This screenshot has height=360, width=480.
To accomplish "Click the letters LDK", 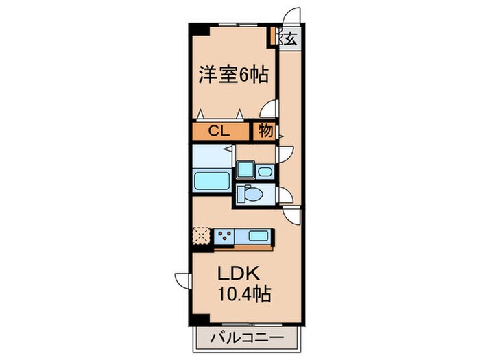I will point(239,274).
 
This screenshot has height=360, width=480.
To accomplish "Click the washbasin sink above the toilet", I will point(265,171).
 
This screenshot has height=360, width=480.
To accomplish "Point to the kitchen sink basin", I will point(258,237).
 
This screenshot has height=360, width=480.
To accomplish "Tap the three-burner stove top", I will point(224,237).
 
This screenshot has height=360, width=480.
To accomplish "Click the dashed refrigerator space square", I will point(202,236).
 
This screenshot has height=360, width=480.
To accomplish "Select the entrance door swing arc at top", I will point(293,17).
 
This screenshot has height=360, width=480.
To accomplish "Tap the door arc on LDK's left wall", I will point(182,281).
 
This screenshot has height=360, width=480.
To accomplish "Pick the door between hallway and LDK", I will point(293,215).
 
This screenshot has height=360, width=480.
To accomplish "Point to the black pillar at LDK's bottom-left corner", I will point(197,320).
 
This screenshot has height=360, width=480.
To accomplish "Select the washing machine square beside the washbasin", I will point(244,171).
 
